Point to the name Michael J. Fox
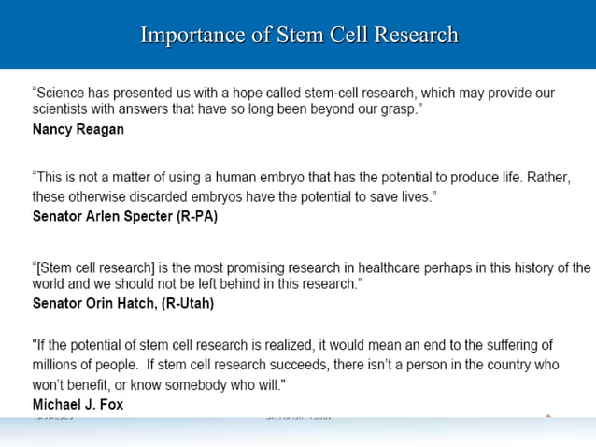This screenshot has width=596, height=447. (x=78, y=404)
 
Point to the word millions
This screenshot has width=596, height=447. (x=58, y=365)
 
